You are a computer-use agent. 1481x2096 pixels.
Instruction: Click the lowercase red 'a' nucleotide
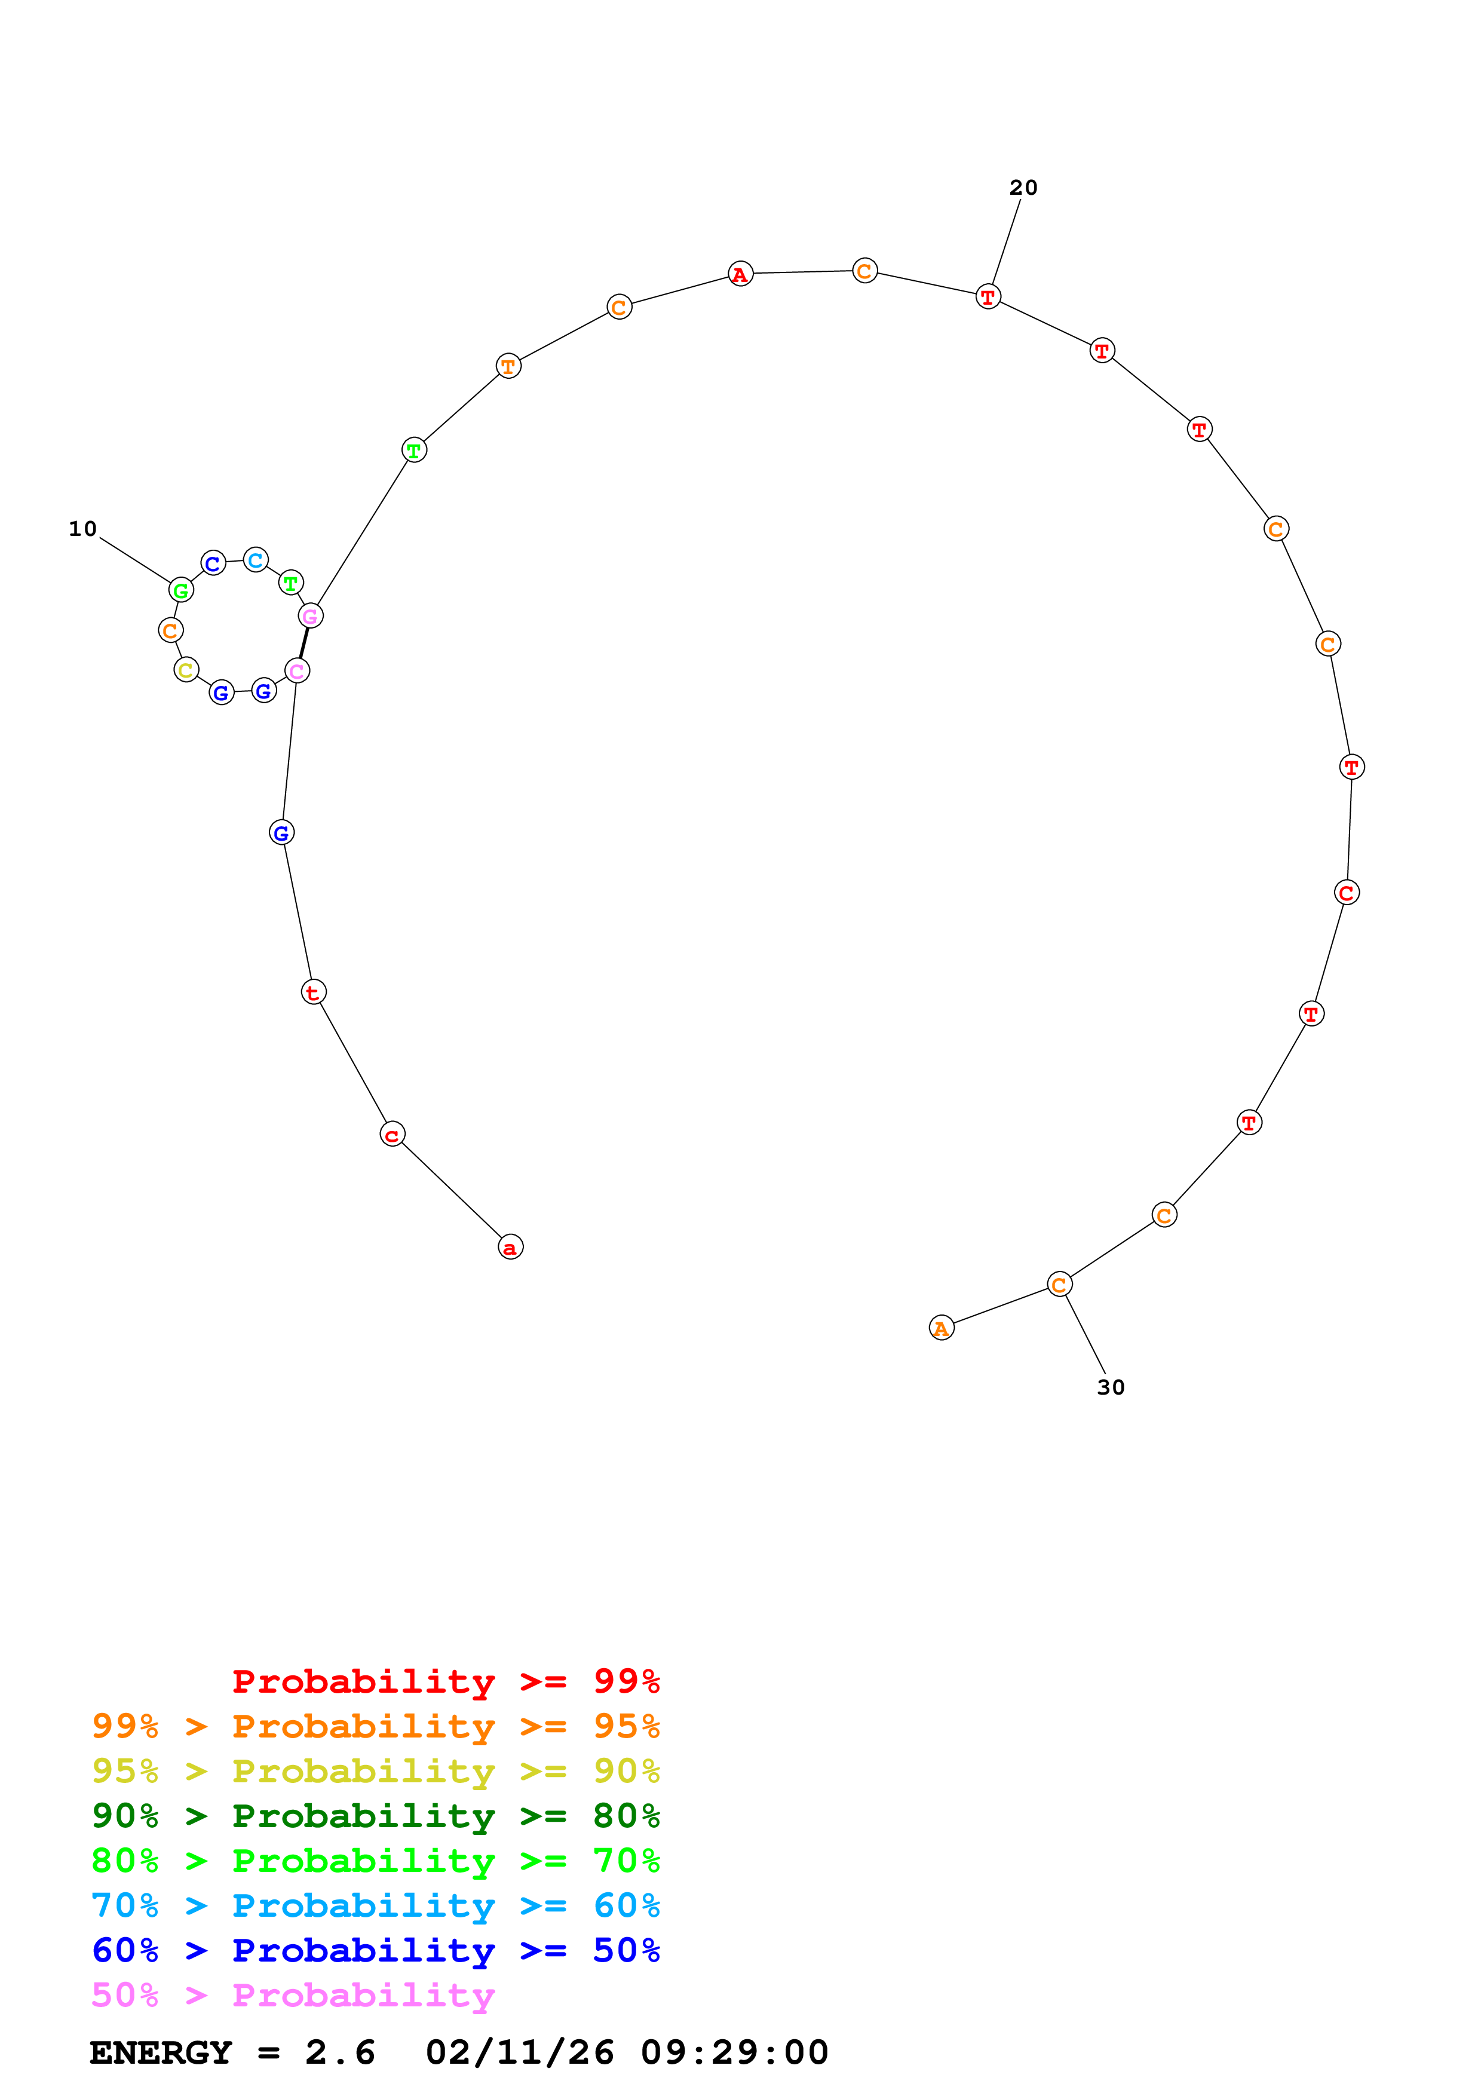coord(510,1247)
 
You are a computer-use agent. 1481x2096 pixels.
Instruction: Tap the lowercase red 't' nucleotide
coord(313,992)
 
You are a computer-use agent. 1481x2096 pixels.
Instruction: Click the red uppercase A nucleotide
coord(740,274)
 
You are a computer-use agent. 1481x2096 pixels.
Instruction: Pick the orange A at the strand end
coord(941,1328)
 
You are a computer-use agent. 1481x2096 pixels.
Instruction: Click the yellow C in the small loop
coord(186,670)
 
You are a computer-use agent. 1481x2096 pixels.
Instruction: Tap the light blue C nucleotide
coord(256,560)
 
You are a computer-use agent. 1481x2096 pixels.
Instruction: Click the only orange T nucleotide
coord(508,367)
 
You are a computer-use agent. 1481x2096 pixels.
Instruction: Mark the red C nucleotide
coord(1346,893)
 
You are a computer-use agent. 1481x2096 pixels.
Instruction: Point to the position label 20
coord(1023,187)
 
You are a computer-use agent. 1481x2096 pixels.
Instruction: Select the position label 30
coord(1111,1387)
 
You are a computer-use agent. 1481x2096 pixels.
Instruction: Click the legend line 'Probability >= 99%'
coord(445,1681)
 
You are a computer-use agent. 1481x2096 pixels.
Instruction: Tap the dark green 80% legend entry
coord(376,1816)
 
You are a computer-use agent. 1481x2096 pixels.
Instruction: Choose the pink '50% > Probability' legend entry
coord(293,1996)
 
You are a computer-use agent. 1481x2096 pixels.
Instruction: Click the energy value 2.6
coord(339,2052)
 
